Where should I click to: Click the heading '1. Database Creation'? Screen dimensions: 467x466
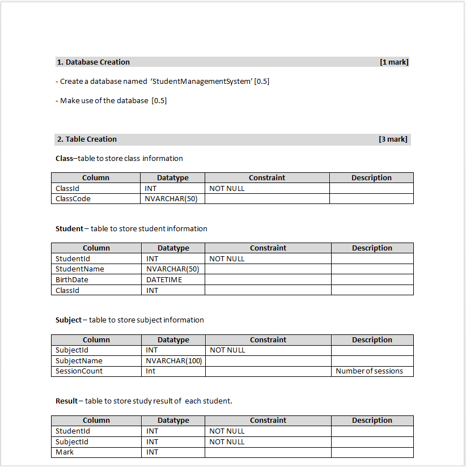coord(94,62)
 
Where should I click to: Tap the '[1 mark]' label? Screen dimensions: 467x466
coord(394,62)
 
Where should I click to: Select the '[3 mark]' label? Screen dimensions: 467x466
coord(393,139)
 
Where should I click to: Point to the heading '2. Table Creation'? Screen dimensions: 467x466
coord(87,139)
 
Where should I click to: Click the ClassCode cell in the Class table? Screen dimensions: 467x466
coord(73,199)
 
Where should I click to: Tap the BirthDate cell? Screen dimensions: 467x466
coord(72,280)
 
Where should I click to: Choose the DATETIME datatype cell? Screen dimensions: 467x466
coord(164,280)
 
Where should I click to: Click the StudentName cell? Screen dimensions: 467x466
coord(80,269)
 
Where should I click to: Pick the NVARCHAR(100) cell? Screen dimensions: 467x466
coord(174,361)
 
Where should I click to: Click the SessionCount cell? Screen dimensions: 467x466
coord(79,371)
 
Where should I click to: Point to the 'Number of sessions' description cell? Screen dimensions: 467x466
coord(369,371)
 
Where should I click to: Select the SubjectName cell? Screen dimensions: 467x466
coord(79,361)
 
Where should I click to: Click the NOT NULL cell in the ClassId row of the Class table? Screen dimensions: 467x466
coord(227,189)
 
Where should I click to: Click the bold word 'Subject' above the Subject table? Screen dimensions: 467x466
coord(69,320)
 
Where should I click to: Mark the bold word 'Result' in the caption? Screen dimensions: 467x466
coord(66,401)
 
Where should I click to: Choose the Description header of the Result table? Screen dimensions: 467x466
coord(372,421)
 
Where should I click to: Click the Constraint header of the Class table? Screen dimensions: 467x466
coord(267,178)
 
